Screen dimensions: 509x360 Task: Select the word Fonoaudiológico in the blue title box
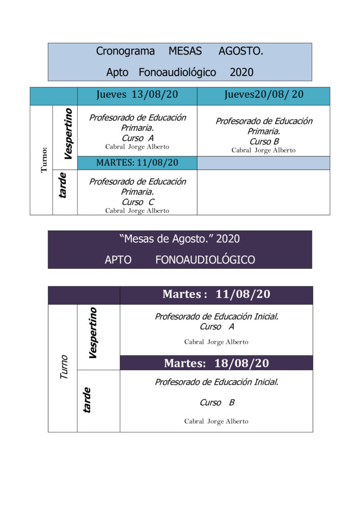coord(177,72)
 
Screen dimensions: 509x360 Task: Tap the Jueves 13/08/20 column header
coord(137,96)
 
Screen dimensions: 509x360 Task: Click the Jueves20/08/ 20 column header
coord(263,96)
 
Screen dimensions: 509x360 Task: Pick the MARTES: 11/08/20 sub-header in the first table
coord(137,163)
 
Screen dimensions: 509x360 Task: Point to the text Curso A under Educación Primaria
coord(137,138)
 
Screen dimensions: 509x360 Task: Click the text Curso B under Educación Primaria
coord(264,142)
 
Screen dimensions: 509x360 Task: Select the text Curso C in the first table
coord(137,202)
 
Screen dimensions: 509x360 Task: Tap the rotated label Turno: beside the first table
coord(44,160)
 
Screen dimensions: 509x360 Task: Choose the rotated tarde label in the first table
coord(64,185)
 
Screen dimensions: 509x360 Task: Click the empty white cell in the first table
coord(263,192)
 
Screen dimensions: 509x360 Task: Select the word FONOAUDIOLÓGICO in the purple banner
coord(205,260)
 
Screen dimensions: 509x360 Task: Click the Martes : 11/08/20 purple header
coord(216,295)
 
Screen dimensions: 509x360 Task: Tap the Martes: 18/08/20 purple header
coord(216,363)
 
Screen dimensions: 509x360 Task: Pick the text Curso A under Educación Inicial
coord(216,327)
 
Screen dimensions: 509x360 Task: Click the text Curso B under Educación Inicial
coord(216,403)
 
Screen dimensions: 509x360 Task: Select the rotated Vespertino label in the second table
coord(93,332)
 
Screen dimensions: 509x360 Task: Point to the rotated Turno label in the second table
coord(64,366)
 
